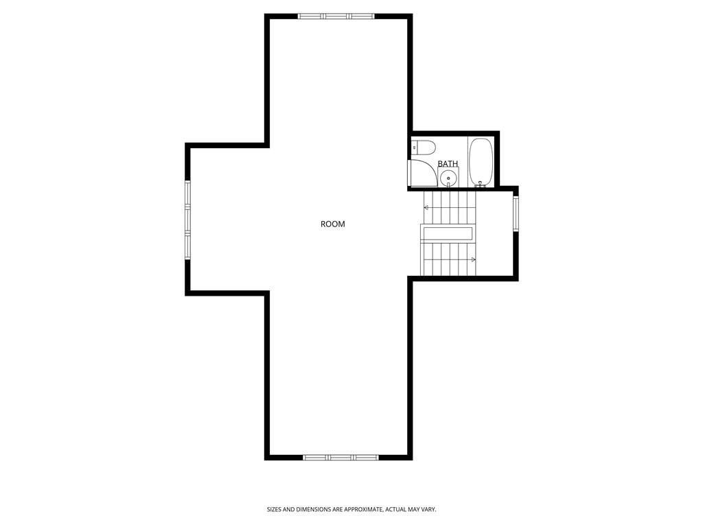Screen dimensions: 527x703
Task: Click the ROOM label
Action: (333, 224)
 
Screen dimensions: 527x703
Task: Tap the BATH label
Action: (448, 164)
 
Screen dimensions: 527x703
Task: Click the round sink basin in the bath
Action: (448, 178)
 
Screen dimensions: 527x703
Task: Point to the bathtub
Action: (481, 162)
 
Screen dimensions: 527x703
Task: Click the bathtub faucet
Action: (481, 185)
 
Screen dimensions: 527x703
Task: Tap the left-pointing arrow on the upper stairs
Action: (427, 207)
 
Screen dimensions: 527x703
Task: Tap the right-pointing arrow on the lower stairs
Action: (473, 259)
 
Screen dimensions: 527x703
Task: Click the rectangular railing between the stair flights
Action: (448, 233)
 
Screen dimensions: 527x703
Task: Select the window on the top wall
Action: (336, 16)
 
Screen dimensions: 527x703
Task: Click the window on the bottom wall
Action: (341, 457)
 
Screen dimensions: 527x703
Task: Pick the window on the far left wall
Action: (187, 220)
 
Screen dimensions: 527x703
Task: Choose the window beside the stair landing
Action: (516, 214)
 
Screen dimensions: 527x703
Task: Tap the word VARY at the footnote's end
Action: (428, 510)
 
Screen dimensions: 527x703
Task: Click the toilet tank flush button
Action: (415, 148)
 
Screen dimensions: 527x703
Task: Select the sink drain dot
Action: (448, 178)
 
